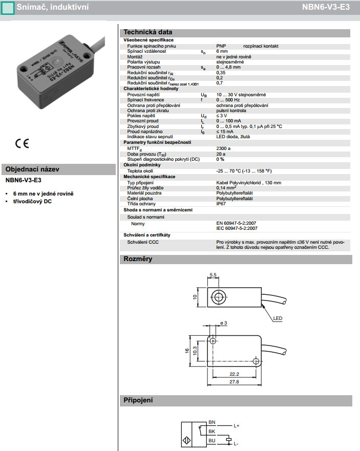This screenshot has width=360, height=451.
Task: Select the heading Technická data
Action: pyautogui.click(x=148, y=32)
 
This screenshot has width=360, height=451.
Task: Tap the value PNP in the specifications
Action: pyautogui.click(x=221, y=46)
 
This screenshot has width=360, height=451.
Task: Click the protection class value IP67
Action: pyautogui.click(x=222, y=203)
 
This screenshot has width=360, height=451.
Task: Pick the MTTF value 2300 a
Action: pyautogui.click(x=224, y=148)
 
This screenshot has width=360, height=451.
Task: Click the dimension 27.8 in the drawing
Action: pyautogui.click(x=235, y=382)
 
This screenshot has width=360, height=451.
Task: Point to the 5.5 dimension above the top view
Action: pyautogui.click(x=214, y=275)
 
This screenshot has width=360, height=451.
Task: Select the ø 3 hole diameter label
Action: pyautogui.click(x=223, y=323)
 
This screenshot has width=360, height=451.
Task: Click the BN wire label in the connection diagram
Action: pyautogui.click(x=212, y=422)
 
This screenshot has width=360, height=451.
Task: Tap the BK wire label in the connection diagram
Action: pyautogui.click(x=212, y=431)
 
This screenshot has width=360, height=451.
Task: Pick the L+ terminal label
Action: pyautogui.click(x=237, y=425)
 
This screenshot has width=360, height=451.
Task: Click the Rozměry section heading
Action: pyautogui.click(x=138, y=259)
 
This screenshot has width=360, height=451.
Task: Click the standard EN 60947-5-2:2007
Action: pyautogui.click(x=237, y=223)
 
